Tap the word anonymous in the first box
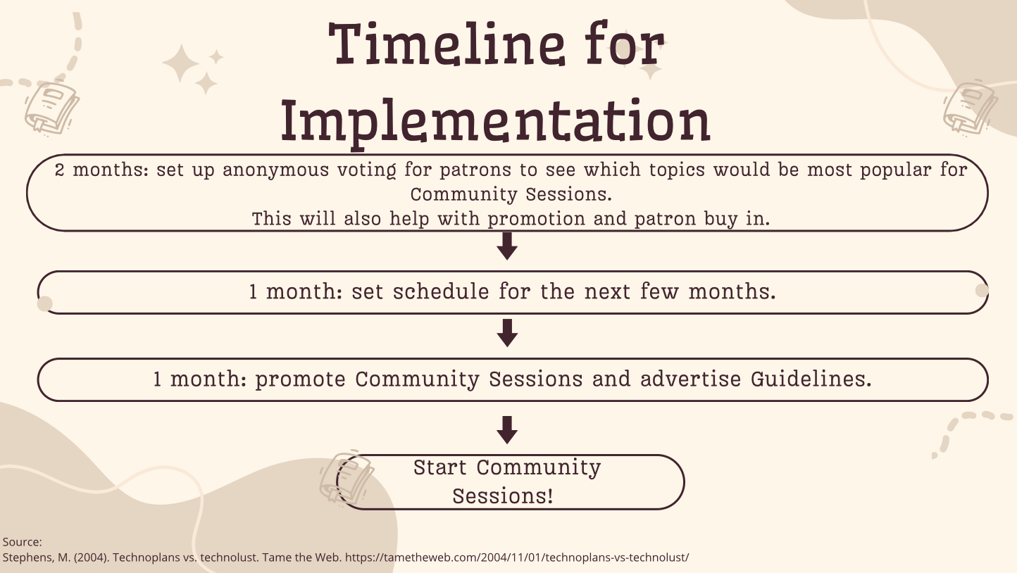pyautogui.click(x=275, y=170)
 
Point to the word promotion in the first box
pyautogui.click(x=537, y=219)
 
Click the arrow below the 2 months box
pyautogui.click(x=507, y=246)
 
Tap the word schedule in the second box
pyautogui.click(x=441, y=291)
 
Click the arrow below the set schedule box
pyautogui.click(x=507, y=333)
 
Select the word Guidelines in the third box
pyautogui.click(x=811, y=379)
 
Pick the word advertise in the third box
pyautogui.click(x=691, y=379)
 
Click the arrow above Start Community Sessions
pyautogui.click(x=507, y=429)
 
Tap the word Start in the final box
pyautogui.click(x=440, y=467)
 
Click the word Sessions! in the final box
pyautogui.click(x=503, y=496)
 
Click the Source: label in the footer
pyautogui.click(x=23, y=542)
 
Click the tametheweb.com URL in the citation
pyautogui.click(x=517, y=558)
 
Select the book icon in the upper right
pyautogui.click(x=971, y=108)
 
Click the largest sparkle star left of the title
pyautogui.click(x=181, y=63)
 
